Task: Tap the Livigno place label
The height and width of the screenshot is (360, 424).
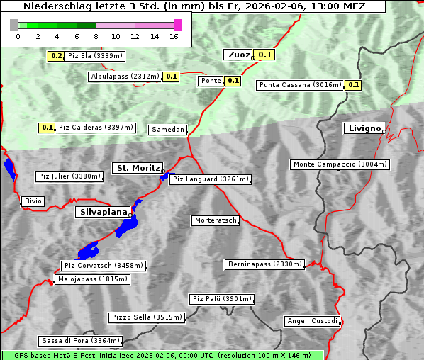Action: point(363,128)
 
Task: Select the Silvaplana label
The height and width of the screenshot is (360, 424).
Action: point(103,212)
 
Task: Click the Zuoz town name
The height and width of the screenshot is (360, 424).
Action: point(238,55)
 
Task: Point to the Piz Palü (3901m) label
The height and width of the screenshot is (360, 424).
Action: point(221,300)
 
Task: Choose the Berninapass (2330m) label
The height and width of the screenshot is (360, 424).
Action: point(264,264)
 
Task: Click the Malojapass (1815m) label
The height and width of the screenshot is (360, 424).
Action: point(92,280)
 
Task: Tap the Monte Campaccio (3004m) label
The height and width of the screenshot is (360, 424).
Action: point(340,164)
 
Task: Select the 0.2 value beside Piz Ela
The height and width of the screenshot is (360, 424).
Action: point(55,56)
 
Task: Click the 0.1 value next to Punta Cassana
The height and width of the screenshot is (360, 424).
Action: point(354,85)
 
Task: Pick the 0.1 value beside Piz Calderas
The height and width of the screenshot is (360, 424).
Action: point(47,128)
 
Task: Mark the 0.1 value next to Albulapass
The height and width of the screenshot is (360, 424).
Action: point(171,77)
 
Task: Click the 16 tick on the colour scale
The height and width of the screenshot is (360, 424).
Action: point(174,37)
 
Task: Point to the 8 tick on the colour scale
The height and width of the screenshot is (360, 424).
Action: point(96,37)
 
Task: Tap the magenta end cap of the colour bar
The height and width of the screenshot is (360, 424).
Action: point(177,25)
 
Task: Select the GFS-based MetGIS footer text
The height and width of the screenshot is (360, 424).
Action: point(162,355)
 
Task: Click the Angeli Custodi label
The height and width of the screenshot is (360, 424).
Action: point(312,321)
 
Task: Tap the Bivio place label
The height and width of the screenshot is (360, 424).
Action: point(33,202)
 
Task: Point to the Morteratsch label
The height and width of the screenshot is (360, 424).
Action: point(215,221)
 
